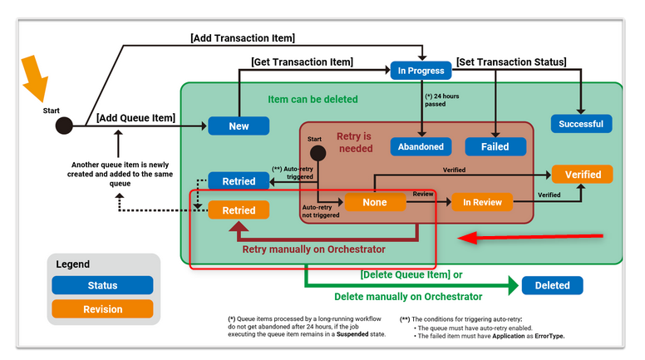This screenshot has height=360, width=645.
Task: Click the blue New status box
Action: pos(239,126)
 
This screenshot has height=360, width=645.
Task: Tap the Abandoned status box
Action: pos(421,146)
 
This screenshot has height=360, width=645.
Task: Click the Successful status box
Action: pos(582,124)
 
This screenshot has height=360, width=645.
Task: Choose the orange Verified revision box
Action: pos(582,174)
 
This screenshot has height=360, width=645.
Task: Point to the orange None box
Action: pos(376,202)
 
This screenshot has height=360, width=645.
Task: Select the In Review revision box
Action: pos(482,202)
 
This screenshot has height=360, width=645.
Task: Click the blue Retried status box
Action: pos(239,180)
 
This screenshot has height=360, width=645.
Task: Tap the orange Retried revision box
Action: pos(239,210)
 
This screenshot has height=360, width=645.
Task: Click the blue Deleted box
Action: pos(552,285)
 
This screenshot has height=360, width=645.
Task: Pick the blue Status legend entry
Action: pos(102,285)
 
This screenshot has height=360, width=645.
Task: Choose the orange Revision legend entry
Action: pos(102,308)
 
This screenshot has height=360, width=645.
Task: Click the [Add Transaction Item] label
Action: pos(243,38)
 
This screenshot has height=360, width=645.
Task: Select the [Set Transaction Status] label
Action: pos(511,62)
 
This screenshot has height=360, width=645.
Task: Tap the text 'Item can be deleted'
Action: pos(313,99)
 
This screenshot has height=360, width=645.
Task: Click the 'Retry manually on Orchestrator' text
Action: pos(313,248)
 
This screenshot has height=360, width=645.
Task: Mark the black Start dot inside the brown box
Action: pos(316,153)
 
